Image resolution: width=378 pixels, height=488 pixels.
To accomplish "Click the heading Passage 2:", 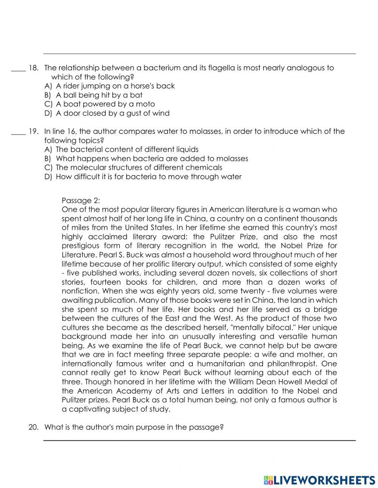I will [x=81, y=200].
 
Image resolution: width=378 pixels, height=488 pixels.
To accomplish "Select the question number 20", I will [x=33, y=428].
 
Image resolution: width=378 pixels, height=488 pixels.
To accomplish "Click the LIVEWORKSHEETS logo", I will [x=319, y=479].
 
